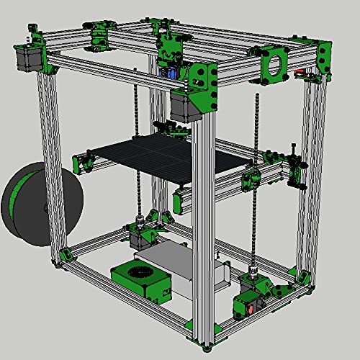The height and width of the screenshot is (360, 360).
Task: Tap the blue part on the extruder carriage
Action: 173,72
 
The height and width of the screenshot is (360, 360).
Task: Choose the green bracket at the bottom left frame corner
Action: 66,256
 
